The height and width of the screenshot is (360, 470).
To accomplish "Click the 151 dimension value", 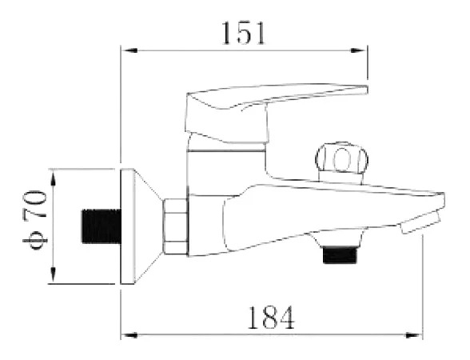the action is [x=243, y=34].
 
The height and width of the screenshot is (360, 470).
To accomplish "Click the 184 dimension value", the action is [x=271, y=317].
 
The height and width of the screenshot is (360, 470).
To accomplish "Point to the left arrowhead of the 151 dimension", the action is [x=129, y=50].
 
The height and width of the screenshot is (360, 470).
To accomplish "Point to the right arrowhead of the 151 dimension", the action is [x=359, y=50].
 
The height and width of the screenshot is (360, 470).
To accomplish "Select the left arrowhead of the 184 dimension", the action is [x=129, y=334].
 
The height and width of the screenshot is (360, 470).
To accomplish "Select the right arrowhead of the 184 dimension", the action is [x=414, y=334].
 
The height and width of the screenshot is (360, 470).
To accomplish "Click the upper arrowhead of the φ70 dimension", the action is [x=54, y=178].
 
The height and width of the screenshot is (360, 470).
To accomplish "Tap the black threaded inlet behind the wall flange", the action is [x=101, y=226].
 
